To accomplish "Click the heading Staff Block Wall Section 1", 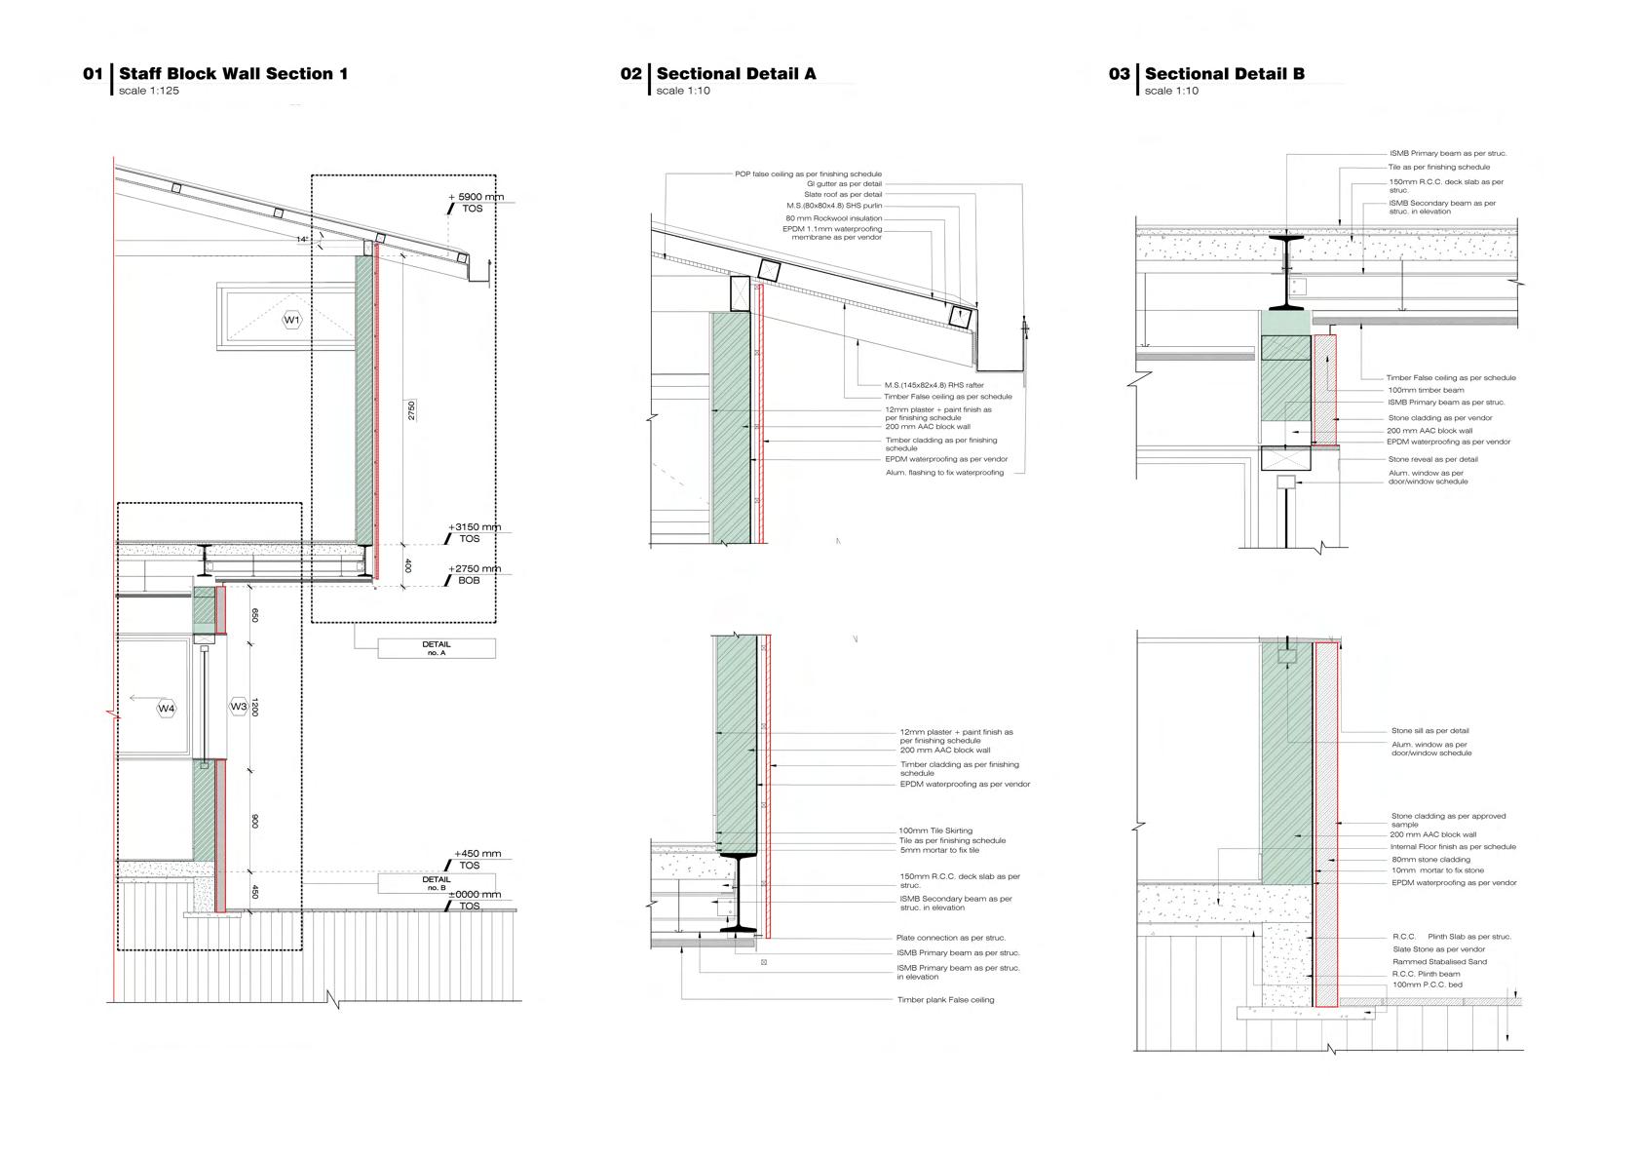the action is (x=233, y=74).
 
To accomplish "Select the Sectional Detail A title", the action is (x=736, y=74).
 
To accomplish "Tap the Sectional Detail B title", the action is (x=1224, y=74).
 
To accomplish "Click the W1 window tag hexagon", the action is (x=292, y=320).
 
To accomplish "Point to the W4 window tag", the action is (x=167, y=709).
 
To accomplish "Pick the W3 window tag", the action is (x=238, y=707).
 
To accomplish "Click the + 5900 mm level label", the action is (x=477, y=197).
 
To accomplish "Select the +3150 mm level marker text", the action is (x=475, y=527).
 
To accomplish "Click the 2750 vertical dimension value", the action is (x=411, y=409).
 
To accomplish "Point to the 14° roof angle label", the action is (x=302, y=239).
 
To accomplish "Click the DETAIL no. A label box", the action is (x=437, y=648).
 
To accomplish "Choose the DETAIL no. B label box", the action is (x=436, y=883).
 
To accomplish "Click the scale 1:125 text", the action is (x=149, y=92).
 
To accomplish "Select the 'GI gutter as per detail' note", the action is (x=844, y=184).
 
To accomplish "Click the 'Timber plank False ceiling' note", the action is (x=945, y=1000).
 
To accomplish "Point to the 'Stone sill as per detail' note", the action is (x=1429, y=731).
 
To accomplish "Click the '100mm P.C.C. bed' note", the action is (x=1427, y=985).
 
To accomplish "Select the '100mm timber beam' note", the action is (x=1426, y=390).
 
